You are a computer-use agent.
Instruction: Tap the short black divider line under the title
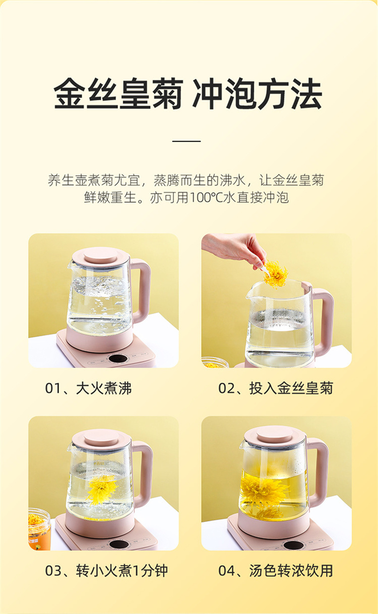(x=186, y=141)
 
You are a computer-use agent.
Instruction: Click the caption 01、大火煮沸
(x=88, y=388)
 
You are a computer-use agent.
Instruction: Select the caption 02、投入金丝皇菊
(x=275, y=388)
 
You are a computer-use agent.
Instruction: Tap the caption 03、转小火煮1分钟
(x=106, y=571)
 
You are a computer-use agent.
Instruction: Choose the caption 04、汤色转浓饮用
(x=275, y=571)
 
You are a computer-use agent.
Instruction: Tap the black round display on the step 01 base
(x=118, y=359)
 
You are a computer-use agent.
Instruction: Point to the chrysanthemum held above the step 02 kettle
(x=275, y=274)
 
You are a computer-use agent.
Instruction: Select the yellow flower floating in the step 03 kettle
(x=101, y=489)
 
